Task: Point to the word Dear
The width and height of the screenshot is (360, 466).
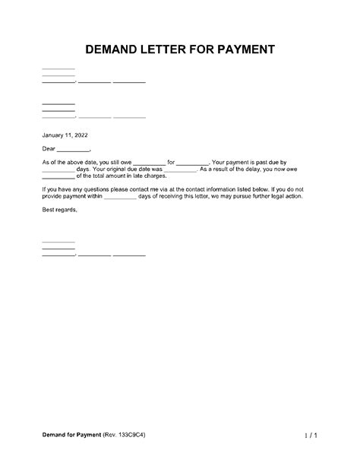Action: (x=49, y=149)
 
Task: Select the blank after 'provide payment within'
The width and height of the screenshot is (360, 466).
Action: (x=119, y=197)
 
